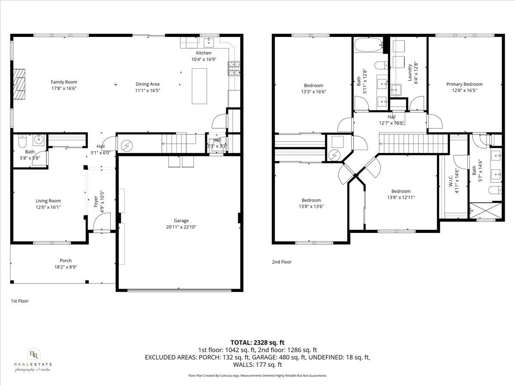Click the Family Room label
pyautogui.click(x=64, y=82)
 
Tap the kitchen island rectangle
pyautogui.click(x=200, y=85)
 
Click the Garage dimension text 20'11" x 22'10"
pyautogui.click(x=181, y=227)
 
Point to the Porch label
pyautogui.click(x=66, y=261)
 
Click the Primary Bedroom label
pyautogui.click(x=464, y=84)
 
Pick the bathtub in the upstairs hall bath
pyautogui.click(x=369, y=44)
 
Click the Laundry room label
pyautogui.click(x=410, y=72)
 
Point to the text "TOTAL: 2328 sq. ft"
pyautogui.click(x=257, y=342)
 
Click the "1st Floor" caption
pyautogui.click(x=20, y=301)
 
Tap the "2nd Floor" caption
pyautogui.click(x=282, y=262)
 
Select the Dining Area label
pyautogui.click(x=148, y=84)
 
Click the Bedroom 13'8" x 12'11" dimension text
pyautogui.click(x=400, y=198)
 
